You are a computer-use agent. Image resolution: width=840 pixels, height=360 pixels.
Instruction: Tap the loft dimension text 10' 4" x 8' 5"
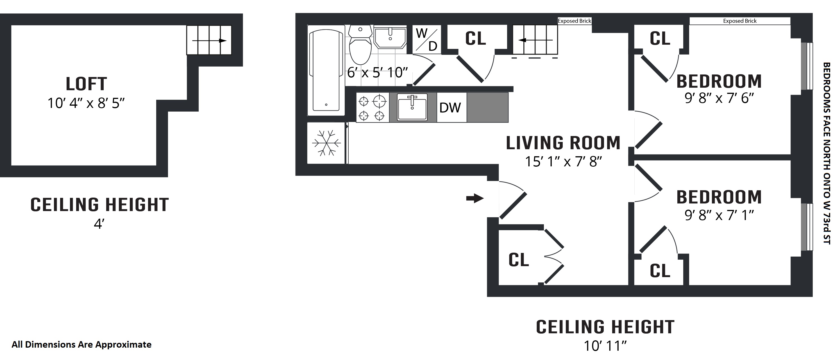click(86, 103)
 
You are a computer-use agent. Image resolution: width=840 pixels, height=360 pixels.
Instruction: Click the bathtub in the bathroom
click(326, 70)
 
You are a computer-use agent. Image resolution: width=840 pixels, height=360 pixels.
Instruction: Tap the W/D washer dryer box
click(426, 39)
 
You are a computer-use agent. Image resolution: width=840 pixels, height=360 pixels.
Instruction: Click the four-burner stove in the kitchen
click(372, 108)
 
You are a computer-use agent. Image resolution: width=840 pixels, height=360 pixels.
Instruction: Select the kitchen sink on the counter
click(412, 107)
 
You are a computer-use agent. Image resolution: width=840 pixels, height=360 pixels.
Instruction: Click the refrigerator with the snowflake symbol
click(326, 143)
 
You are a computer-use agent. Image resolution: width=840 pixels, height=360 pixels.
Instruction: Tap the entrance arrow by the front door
click(475, 198)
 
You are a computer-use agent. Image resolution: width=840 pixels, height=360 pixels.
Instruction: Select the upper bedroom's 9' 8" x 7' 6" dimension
click(719, 98)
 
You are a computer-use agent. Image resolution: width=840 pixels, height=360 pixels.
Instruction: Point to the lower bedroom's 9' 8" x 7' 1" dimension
click(719, 215)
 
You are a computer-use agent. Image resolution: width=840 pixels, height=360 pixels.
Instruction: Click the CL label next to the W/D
click(475, 39)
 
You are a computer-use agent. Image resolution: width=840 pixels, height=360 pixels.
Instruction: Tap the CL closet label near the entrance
click(519, 260)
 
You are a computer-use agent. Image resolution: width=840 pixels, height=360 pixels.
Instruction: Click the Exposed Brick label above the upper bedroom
click(739, 21)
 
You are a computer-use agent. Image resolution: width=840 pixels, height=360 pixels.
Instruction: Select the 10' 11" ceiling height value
click(605, 346)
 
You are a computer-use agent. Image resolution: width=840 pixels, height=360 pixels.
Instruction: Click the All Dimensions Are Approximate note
click(81, 345)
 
